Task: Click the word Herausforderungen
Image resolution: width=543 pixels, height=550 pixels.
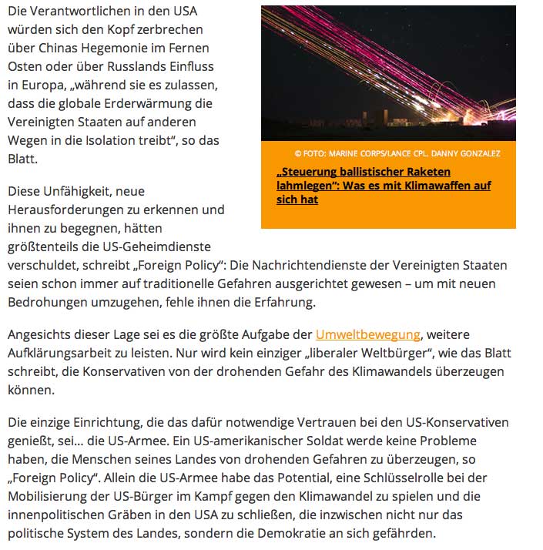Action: [70, 210]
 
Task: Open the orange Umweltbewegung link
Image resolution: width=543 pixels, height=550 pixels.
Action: [367, 335]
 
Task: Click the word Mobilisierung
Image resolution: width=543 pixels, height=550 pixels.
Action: [48, 495]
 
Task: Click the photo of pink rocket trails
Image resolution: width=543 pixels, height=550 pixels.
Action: [388, 73]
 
